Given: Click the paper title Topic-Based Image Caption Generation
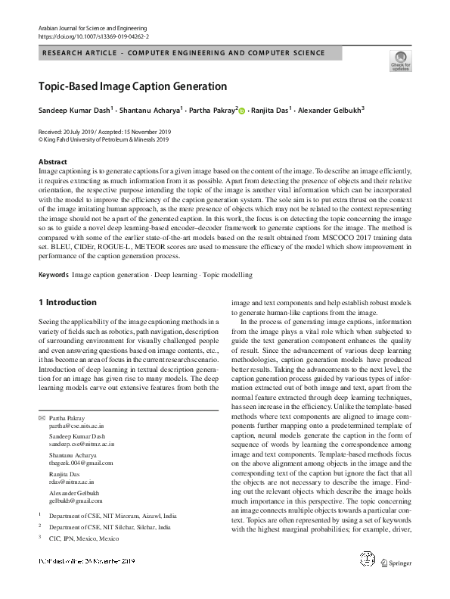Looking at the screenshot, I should click(x=132, y=86).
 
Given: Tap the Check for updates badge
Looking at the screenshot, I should click(x=400, y=61).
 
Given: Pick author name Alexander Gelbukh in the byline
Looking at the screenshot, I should click(x=331, y=110).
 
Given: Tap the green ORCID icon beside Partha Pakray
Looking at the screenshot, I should click(x=242, y=111).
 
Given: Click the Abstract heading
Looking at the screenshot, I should click(x=52, y=163).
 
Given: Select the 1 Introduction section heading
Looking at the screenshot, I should click(x=67, y=302).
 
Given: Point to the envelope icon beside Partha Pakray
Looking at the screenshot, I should click(x=41, y=418).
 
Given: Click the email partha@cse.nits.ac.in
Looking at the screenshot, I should click(x=74, y=426).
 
